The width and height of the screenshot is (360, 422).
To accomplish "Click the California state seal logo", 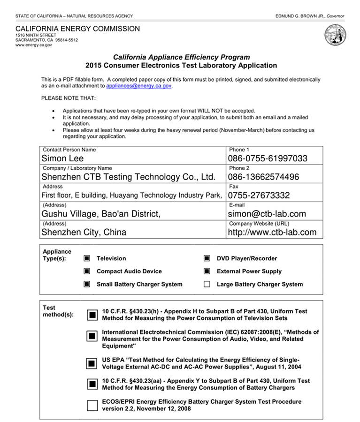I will coord(335,36).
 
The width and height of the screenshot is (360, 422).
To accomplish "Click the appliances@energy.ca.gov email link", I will coord(139,86).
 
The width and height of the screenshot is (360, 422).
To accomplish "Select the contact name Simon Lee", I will coord(62,158).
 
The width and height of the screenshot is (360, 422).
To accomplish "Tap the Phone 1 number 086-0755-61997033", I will coord(268,158).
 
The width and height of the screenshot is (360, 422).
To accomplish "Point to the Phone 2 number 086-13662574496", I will coord(263,177).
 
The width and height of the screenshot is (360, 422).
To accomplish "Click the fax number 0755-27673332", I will coord(259,196).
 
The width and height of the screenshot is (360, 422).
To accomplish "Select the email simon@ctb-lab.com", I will coord(267,214).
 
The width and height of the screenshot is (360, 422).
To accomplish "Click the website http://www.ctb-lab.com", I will coord(272,232).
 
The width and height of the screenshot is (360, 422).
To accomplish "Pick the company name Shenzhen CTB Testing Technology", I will coord(128,177).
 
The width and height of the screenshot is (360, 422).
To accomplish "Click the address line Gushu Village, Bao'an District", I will coord(101,214).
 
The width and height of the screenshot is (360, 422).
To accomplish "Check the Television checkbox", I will coord(87,258).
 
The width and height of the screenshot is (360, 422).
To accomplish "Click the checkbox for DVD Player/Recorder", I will coord(207,258).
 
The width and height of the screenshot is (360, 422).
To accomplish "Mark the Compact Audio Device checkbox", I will coord(87,271).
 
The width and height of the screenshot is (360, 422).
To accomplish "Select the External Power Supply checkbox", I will coord(207,271).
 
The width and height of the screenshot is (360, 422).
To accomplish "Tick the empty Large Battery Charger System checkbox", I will coord(207,284).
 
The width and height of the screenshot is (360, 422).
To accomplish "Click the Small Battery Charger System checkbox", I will coord(87,284).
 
